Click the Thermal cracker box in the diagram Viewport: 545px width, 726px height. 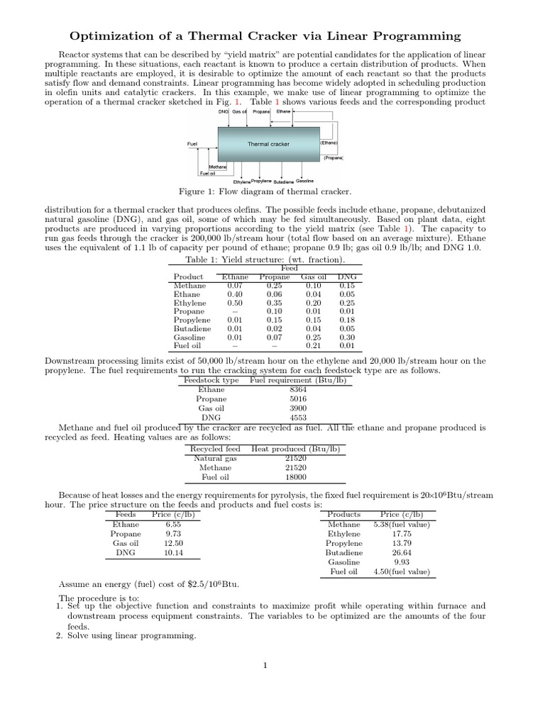click(x=268, y=144)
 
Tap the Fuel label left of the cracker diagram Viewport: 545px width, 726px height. click(x=192, y=144)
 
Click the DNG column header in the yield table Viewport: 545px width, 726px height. click(x=347, y=277)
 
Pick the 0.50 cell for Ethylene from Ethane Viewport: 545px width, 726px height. click(x=235, y=303)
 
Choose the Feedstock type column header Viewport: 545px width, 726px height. click(x=211, y=380)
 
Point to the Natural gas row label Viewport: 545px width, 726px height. click(x=215, y=458)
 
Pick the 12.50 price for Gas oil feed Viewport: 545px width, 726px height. click(x=174, y=543)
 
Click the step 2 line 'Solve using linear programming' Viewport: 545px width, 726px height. click(x=131, y=636)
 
